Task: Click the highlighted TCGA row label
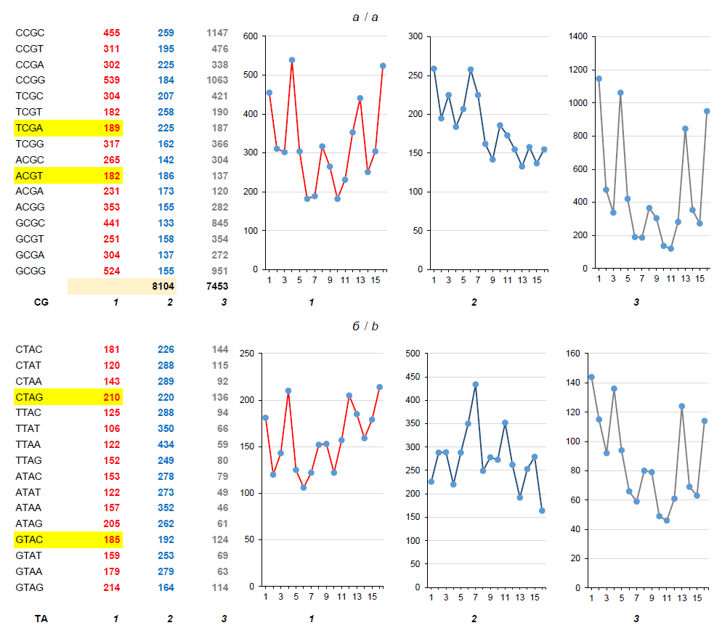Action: pos(30,129)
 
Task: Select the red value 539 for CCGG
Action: pos(112,81)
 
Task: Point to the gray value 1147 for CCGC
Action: pos(216,33)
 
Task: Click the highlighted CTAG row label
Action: pos(30,397)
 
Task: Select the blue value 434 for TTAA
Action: pos(166,444)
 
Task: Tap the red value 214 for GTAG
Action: pos(112,587)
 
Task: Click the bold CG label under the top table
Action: pos(23,302)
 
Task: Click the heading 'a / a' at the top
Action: pos(365,17)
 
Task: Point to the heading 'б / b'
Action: pos(365,327)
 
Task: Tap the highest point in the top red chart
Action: pos(291,60)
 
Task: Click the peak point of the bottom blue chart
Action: pos(476,385)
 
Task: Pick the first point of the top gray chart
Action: pos(599,78)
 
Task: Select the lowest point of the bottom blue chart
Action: pos(542,510)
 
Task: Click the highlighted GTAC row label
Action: pos(30,539)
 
